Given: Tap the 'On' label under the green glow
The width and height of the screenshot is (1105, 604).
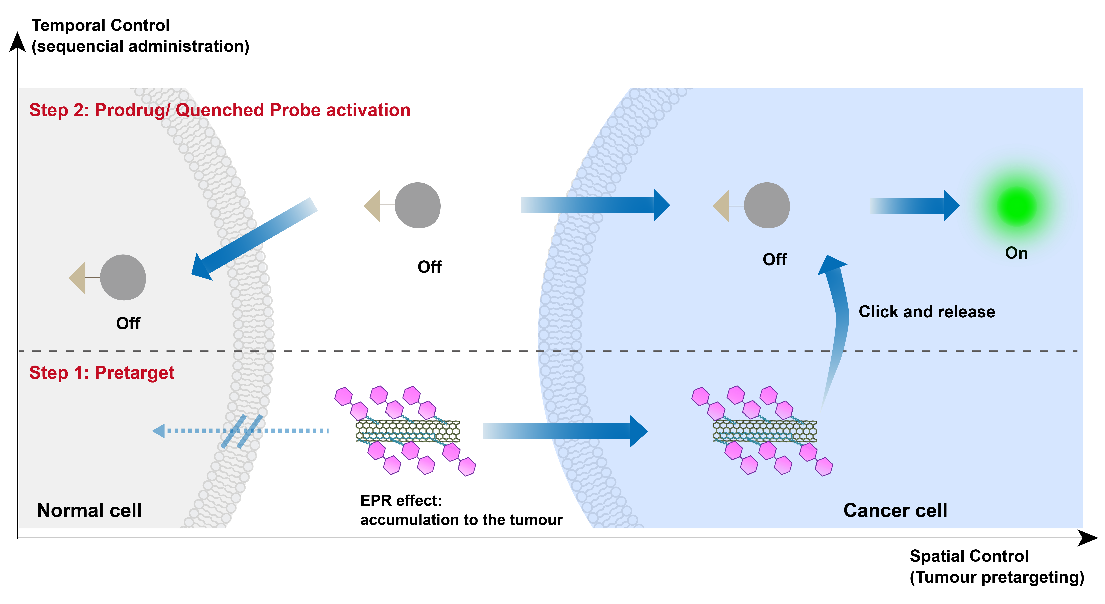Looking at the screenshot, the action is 1016,253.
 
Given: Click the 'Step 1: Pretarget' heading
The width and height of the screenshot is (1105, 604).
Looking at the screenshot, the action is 102,373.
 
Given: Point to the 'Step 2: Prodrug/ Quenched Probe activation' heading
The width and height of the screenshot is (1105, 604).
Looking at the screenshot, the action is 220,110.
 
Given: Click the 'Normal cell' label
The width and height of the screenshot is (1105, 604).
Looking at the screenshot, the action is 89,510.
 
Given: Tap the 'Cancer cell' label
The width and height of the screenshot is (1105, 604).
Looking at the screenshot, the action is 895,510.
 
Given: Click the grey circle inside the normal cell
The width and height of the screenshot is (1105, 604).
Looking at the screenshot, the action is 123,278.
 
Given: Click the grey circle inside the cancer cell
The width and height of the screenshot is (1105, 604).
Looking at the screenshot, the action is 767,205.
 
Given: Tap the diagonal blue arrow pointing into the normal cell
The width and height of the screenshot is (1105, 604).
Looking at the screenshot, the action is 254,239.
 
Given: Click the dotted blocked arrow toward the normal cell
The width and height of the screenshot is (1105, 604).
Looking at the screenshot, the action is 240,431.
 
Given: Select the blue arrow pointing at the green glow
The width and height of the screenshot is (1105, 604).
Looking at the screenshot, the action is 914,206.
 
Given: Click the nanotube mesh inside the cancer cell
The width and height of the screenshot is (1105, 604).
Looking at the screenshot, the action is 765,431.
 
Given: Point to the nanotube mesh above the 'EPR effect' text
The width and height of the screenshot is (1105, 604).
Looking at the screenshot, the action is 408,431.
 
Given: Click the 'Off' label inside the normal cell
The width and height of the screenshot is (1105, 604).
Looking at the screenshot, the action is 128,323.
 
